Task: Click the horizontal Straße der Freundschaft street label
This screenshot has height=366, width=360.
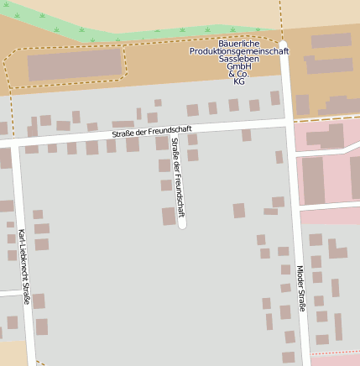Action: (x=152, y=130)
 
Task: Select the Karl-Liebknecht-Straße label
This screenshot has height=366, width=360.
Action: (x=24, y=266)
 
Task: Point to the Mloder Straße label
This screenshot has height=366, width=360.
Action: (x=300, y=288)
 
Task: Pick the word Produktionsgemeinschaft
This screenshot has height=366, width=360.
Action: (x=239, y=51)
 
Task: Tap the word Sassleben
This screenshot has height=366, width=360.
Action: (x=239, y=60)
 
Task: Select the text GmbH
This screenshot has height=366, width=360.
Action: (x=239, y=67)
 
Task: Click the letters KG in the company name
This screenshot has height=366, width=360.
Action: (x=239, y=82)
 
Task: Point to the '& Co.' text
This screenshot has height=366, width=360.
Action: (x=239, y=75)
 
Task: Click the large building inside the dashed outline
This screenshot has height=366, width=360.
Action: (x=62, y=67)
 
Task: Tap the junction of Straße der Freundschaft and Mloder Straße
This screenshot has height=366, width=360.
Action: (x=289, y=122)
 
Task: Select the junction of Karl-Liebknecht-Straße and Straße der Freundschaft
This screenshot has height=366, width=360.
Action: (x=15, y=144)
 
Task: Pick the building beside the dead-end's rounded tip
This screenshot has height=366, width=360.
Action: (x=169, y=216)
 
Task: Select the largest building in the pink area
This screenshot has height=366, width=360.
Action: (x=313, y=180)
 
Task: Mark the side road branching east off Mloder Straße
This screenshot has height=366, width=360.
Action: (x=327, y=205)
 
